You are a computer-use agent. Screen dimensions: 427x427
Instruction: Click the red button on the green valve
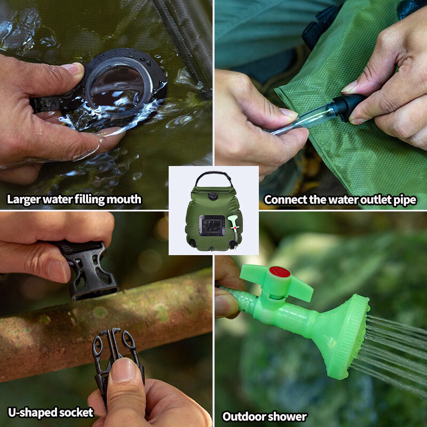tap(279, 272)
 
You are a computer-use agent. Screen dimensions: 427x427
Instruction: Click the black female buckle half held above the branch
tap(87, 270)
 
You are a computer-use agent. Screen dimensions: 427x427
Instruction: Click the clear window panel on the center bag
tap(212, 225)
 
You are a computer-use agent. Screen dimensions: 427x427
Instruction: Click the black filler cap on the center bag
tap(212, 196)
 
